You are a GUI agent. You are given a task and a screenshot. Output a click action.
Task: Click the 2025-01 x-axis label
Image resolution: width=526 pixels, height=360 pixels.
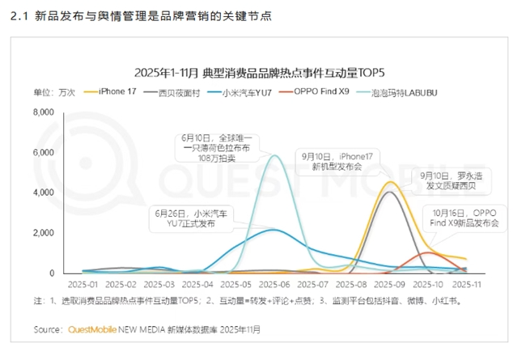[83, 284]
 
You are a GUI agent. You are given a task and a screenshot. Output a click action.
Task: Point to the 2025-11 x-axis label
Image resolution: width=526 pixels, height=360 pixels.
[467, 284]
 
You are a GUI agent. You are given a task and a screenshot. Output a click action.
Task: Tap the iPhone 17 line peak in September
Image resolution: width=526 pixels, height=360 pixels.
[390, 183]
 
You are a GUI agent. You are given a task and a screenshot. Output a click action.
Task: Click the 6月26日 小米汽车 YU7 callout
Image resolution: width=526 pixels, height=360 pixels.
[191, 218]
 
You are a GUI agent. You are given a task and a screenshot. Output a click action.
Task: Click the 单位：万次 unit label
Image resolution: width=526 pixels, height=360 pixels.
[54, 92]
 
